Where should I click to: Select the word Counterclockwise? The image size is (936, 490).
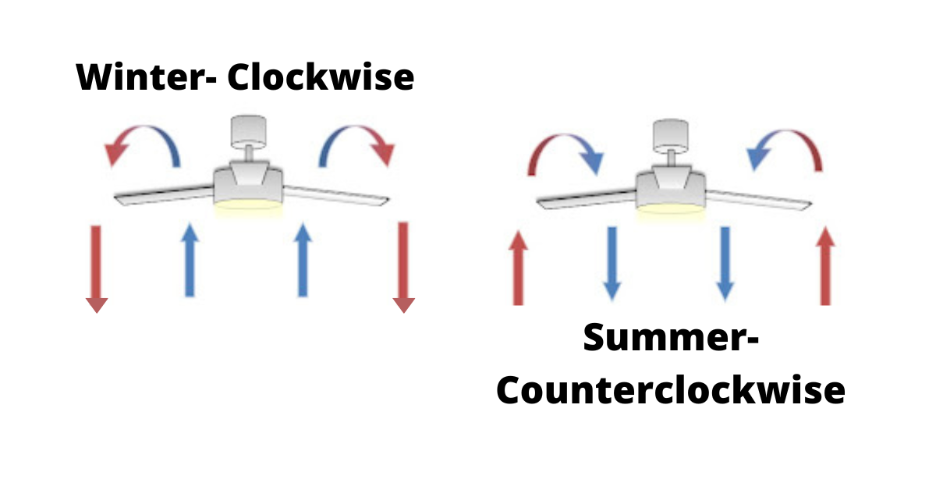coord(670,389)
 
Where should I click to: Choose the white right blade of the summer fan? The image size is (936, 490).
coord(760,201)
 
